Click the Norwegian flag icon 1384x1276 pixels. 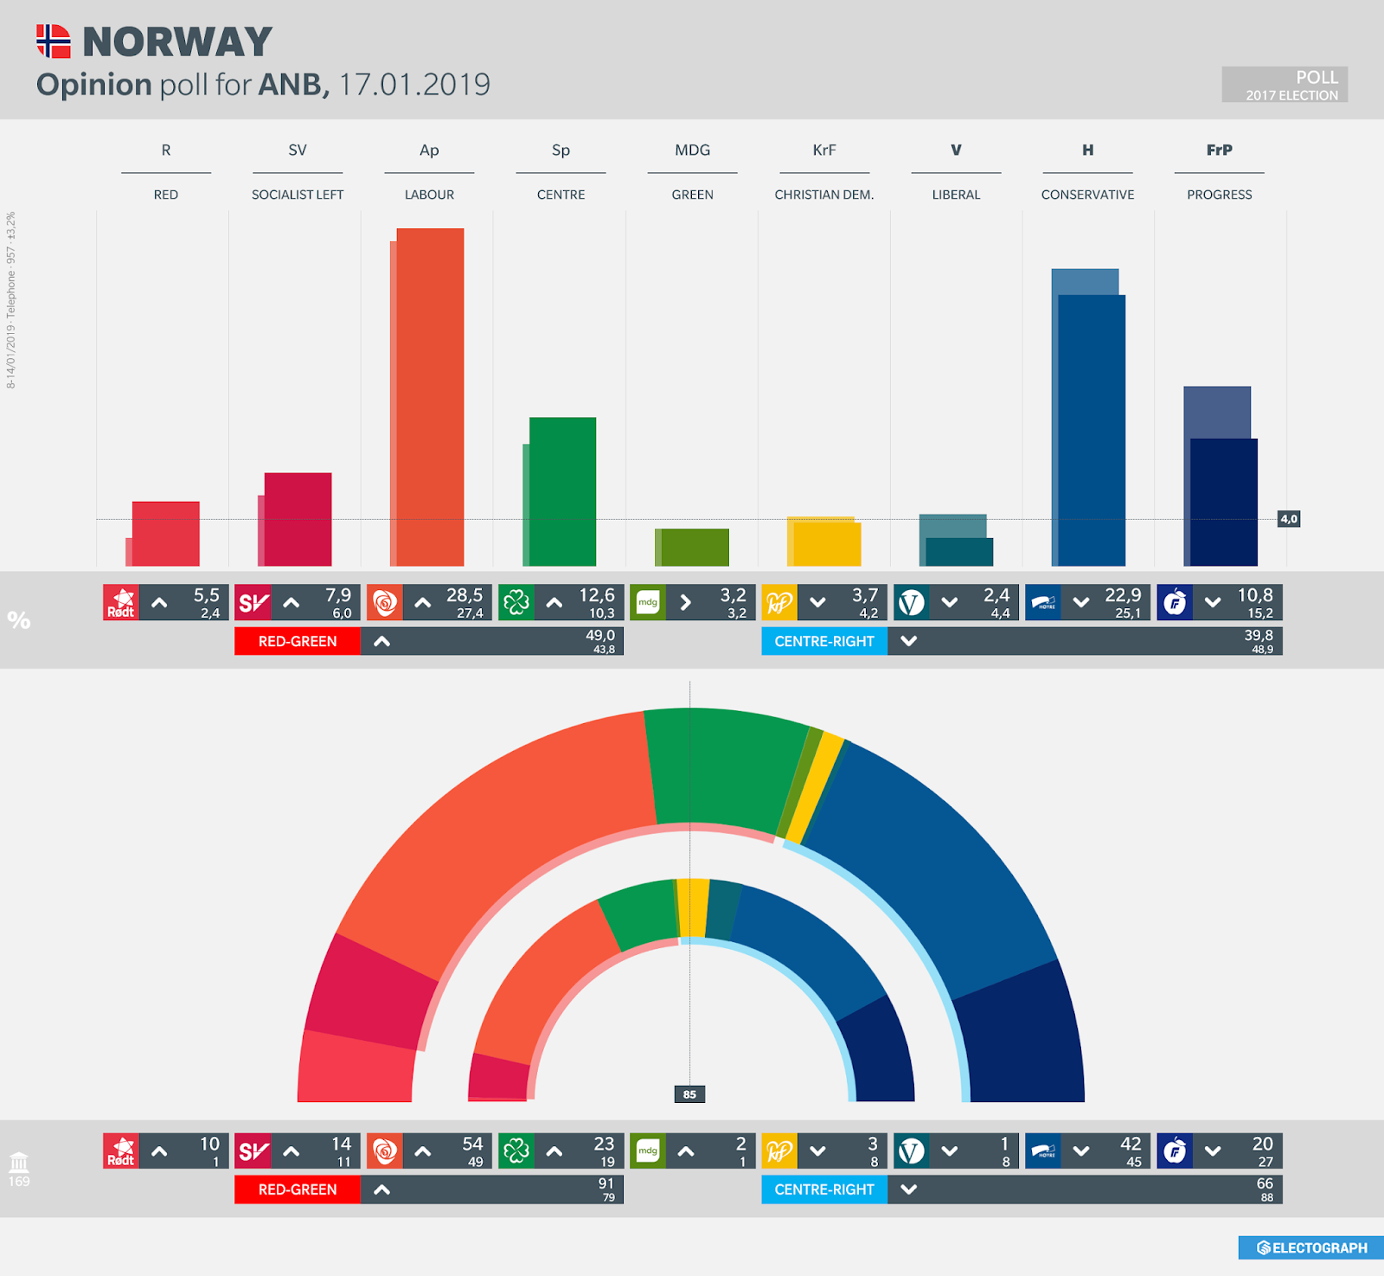[53, 41]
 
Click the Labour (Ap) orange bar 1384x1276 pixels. [430, 398]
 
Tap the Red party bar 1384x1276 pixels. [165, 534]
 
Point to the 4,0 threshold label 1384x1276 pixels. [1289, 519]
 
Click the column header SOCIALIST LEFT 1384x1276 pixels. [298, 195]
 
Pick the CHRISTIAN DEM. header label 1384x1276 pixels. [823, 195]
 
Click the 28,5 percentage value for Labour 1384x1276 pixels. [465, 595]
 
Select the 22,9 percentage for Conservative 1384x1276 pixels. [1122, 595]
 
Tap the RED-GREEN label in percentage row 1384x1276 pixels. [298, 641]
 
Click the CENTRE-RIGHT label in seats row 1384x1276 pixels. [823, 1189]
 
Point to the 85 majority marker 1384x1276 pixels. [689, 1094]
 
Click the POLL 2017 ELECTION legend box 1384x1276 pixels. [1285, 85]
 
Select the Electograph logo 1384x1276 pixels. [1311, 1247]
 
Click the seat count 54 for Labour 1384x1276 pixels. [472, 1144]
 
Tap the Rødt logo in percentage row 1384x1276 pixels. [121, 602]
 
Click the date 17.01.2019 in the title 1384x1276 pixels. [414, 85]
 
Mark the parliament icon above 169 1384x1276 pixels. [19, 1162]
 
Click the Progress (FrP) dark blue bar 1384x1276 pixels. [1223, 502]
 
